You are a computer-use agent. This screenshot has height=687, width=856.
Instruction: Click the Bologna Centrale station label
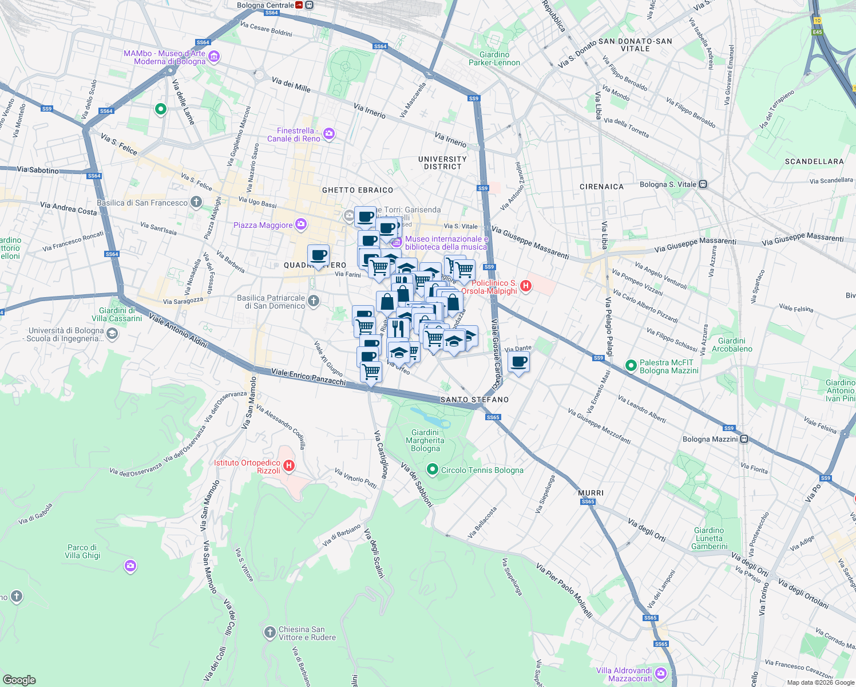pos(265,5)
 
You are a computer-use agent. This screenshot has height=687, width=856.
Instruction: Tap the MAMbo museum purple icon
pos(214,57)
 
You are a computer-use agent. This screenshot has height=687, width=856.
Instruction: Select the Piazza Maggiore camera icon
pos(301,224)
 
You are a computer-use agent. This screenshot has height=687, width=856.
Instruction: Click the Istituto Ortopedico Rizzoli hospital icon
pos(289,465)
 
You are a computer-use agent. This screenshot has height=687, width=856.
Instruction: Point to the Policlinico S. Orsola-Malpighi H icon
pos(525,286)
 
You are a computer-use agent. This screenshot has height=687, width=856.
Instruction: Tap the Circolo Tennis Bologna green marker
pos(433,470)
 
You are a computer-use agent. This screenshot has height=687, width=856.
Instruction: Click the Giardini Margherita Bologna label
pos(425,440)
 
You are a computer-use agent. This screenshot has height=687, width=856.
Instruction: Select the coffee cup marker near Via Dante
pos(518,362)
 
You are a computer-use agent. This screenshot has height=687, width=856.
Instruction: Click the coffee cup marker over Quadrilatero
pos(318,255)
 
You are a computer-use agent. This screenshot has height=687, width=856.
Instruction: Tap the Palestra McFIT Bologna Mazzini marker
pos(631,365)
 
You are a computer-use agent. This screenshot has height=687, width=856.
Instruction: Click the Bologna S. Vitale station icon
pos(703,184)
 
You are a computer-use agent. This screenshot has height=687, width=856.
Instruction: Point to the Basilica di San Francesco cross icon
pos(196,202)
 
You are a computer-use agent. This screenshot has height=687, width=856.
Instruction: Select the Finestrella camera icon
pos(328,134)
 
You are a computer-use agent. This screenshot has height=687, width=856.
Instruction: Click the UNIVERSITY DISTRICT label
pos(442,163)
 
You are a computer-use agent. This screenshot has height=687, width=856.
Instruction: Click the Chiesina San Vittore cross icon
pos(270,632)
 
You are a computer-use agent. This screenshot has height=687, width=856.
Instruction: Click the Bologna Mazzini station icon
pos(744,439)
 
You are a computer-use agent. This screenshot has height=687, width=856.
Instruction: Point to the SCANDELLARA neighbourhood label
pos(814,161)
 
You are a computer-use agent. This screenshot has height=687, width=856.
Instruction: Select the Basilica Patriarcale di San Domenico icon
pos(313,301)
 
